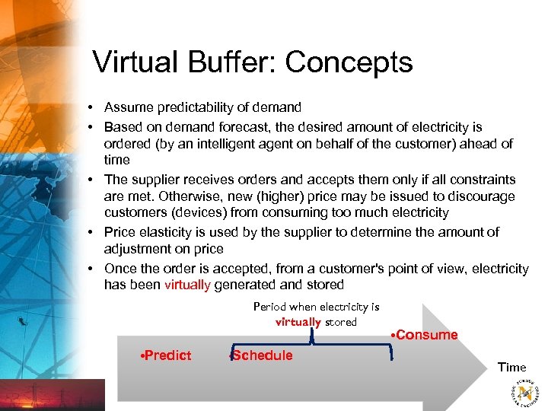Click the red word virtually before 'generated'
(x=187, y=285)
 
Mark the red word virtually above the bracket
(x=298, y=322)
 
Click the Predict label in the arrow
(x=167, y=355)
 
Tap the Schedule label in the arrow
(x=263, y=355)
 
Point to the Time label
(x=511, y=368)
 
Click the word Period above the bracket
(x=269, y=307)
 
